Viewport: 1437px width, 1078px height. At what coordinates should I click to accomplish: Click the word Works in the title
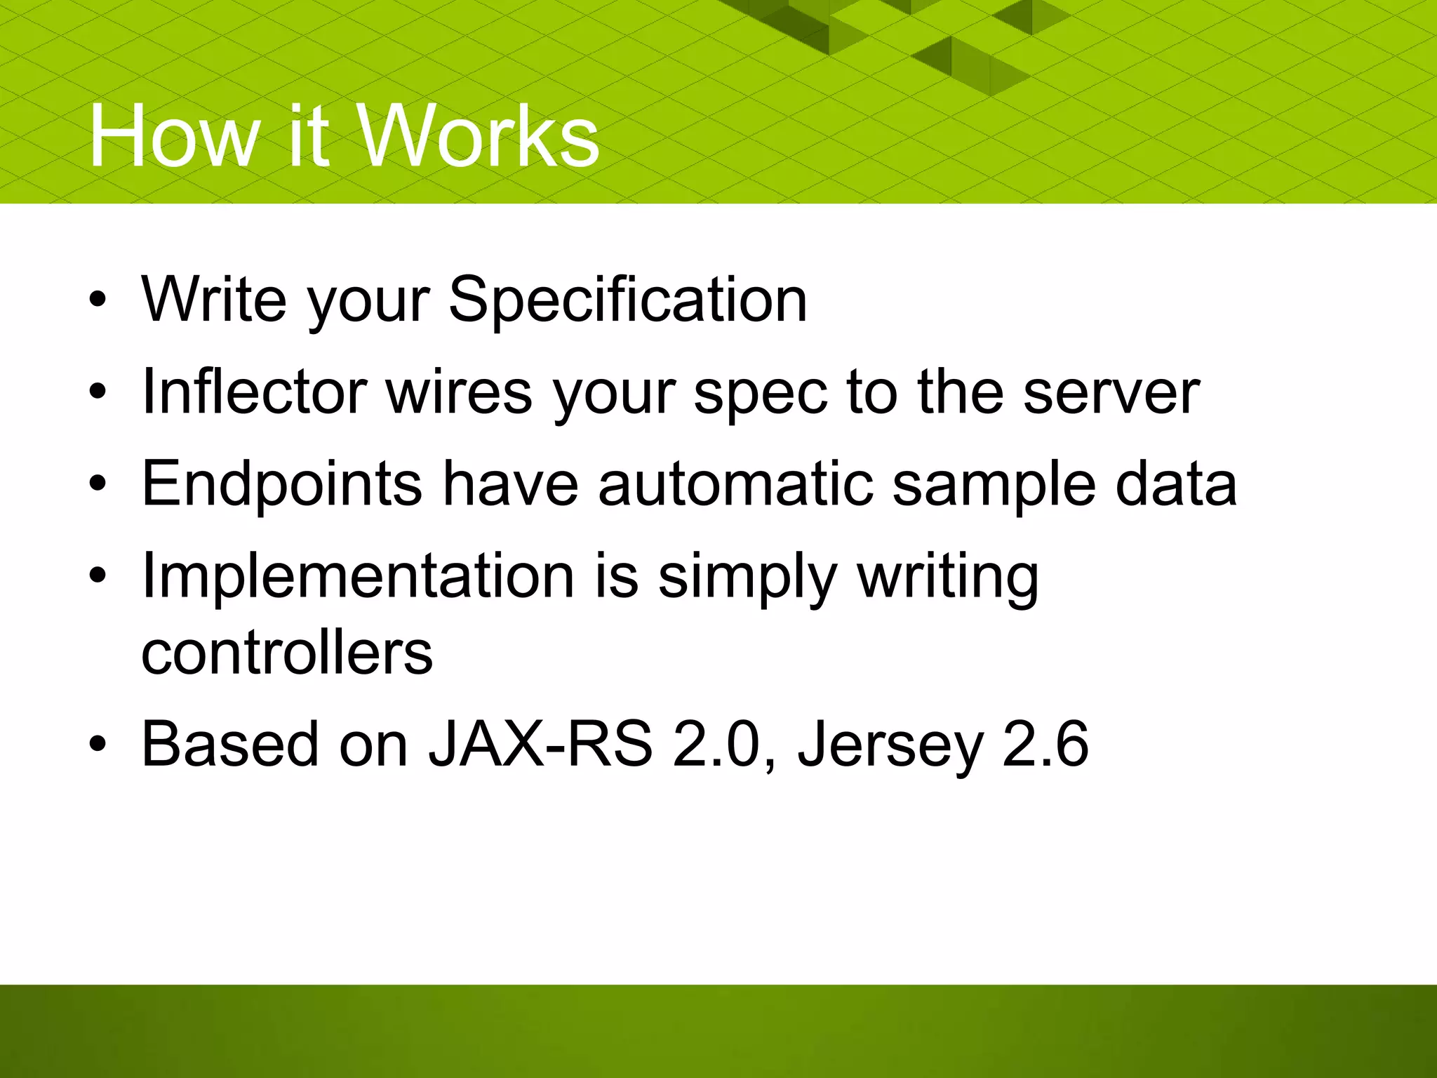tap(479, 135)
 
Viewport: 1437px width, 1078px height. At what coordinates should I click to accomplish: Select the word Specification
tap(627, 300)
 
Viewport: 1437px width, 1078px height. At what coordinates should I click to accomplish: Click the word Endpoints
tap(281, 484)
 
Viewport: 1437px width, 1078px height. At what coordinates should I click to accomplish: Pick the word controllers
tap(287, 653)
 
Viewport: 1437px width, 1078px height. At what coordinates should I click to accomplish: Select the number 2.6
tap(1045, 744)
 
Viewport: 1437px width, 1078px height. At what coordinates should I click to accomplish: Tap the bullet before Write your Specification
tap(98, 300)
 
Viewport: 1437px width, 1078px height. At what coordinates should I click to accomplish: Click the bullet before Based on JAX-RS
tap(98, 744)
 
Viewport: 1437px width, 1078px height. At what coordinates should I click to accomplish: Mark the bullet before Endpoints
tap(98, 484)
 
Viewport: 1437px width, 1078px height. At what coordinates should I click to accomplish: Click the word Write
tap(214, 300)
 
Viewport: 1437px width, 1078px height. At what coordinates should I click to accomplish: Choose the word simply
tap(748, 578)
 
